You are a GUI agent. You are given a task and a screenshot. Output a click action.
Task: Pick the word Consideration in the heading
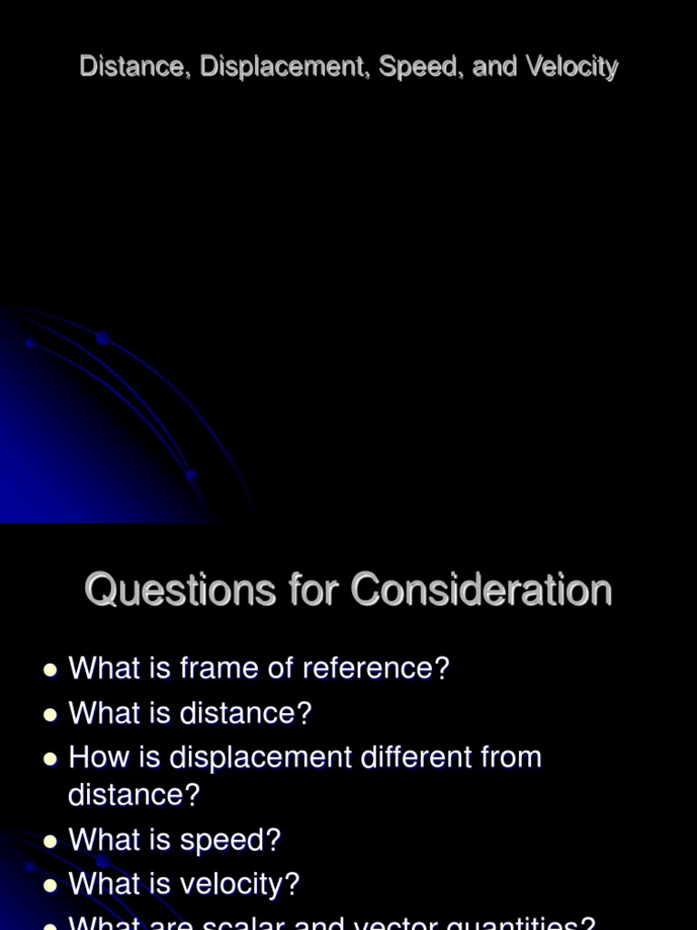482,590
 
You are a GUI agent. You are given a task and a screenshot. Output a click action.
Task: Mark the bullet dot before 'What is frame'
50,670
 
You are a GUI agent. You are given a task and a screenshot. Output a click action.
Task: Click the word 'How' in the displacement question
95,757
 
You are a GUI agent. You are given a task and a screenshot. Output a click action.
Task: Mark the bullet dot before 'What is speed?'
50,842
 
